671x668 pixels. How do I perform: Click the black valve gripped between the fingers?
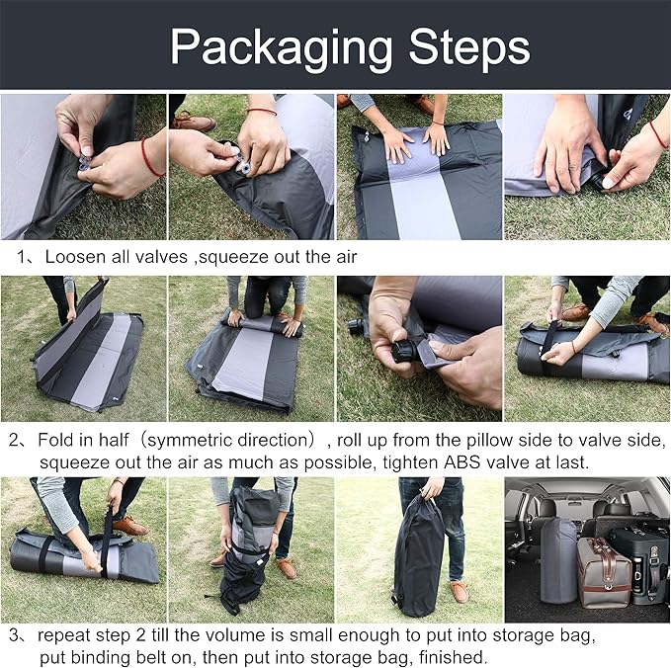[405, 350]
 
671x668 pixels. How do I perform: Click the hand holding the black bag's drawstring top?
[431, 488]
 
